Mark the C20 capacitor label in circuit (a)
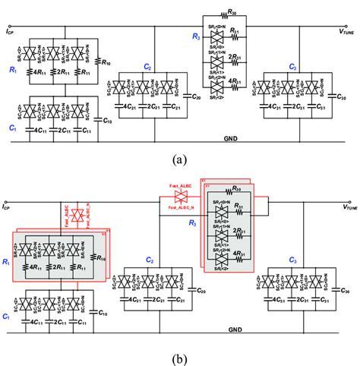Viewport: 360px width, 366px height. click(196, 98)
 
